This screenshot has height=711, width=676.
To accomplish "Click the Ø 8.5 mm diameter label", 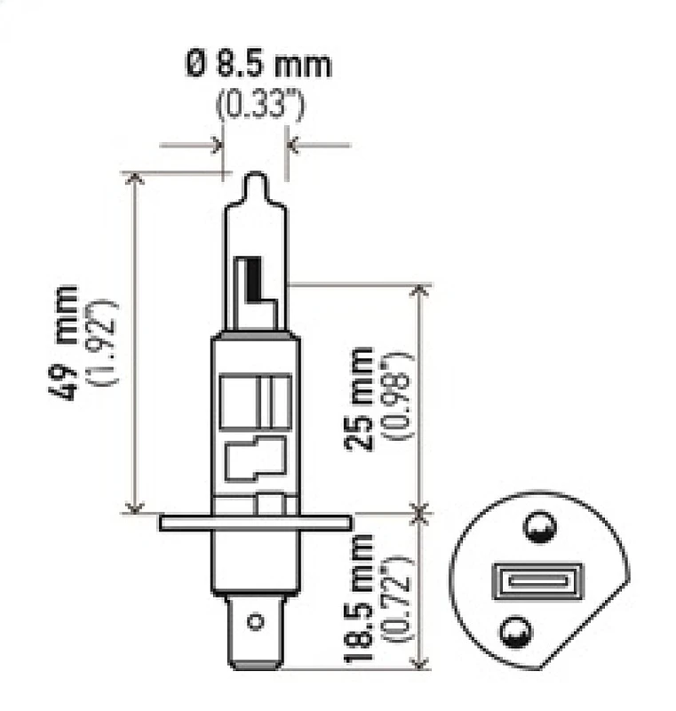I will coord(257,66).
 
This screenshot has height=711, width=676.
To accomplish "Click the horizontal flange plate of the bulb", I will coord(257,523).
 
